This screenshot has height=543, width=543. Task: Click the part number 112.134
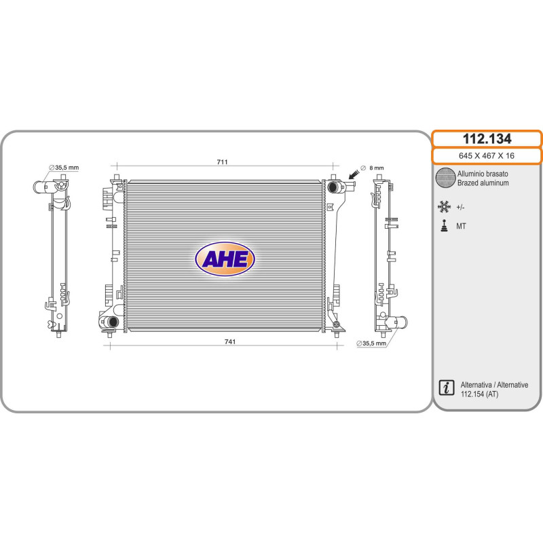[x=487, y=139]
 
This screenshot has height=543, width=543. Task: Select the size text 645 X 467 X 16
[x=487, y=156]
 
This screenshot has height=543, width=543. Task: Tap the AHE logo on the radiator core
[x=225, y=259]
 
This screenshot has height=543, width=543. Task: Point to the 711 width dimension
[x=223, y=162]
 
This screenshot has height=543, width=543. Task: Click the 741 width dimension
[x=230, y=341]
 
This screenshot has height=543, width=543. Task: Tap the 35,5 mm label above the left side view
[x=64, y=168]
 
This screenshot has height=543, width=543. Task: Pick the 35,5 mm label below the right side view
[x=371, y=343]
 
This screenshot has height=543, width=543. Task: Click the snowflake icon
[x=444, y=206]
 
